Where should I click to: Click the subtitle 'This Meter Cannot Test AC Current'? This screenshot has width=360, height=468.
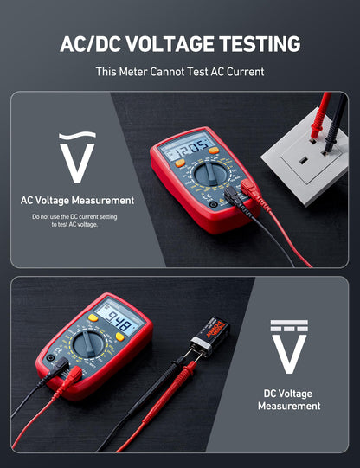tap(180, 73)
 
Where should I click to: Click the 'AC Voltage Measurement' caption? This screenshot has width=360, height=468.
tap(78, 201)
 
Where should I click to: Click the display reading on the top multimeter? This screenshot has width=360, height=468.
tap(186, 145)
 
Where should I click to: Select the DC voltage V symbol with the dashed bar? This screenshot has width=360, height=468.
tap(289, 347)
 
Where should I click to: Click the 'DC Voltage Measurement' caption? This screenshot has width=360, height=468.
tap(289, 400)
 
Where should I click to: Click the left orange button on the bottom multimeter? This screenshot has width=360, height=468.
tap(93, 317)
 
